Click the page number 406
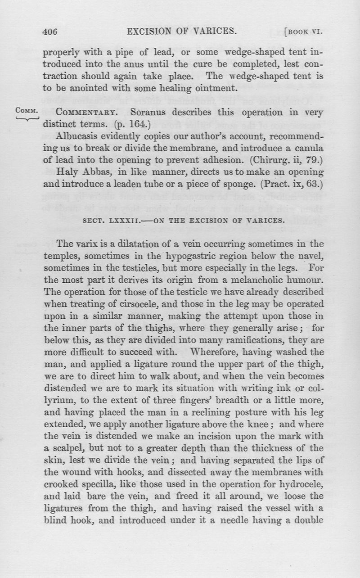[51, 32]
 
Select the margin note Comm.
[24, 111]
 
